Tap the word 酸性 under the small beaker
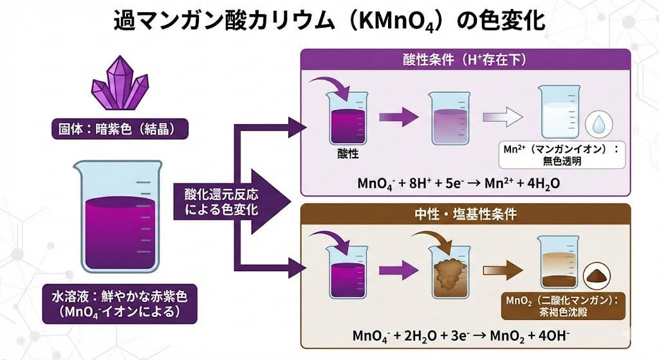(348, 155)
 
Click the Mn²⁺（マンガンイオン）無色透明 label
(558, 155)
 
